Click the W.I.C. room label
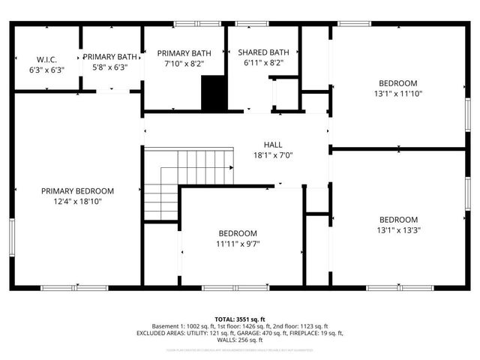46,59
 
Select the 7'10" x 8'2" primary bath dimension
184,64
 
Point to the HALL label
272,145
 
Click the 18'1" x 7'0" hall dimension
272,155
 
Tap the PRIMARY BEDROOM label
77,190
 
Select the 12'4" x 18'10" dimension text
77,201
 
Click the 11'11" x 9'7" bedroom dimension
238,243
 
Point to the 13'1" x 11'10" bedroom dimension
398,93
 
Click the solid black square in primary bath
214,92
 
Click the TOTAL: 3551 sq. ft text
239,319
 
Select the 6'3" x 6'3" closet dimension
46,70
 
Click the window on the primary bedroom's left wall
11,238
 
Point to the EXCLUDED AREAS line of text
239,333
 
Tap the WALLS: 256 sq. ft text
239,340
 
